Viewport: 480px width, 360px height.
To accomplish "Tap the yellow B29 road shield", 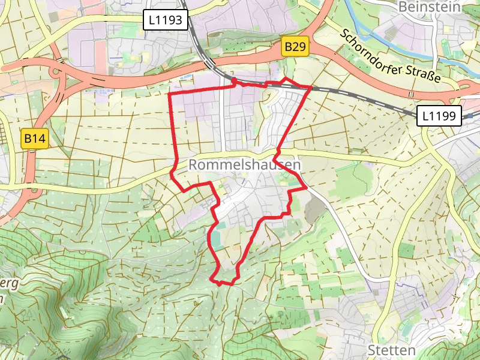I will pyautogui.click(x=296, y=47).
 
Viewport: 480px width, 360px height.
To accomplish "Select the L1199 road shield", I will pyautogui.click(x=439, y=116).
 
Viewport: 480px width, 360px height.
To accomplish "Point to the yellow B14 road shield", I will pyautogui.click(x=35, y=139).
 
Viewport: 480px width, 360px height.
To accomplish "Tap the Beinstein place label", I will pyautogui.click(x=429, y=7).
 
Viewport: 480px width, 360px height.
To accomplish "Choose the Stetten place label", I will pyautogui.click(x=391, y=350).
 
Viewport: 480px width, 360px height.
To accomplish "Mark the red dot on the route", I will pyautogui.click(x=233, y=81).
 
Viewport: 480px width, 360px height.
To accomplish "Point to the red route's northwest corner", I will pyautogui.click(x=170, y=95).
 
